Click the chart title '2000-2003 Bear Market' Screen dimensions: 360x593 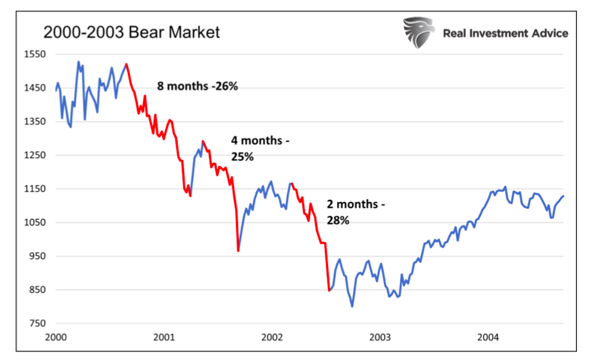click(x=131, y=32)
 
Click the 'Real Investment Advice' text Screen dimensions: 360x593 click(x=505, y=33)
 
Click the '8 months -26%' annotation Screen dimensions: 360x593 click(x=197, y=85)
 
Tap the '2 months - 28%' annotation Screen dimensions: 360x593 click(x=356, y=212)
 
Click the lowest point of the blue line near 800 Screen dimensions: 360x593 click(x=352, y=306)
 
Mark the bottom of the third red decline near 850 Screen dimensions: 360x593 click(x=329, y=291)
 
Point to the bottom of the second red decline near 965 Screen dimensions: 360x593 click(x=238, y=251)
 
